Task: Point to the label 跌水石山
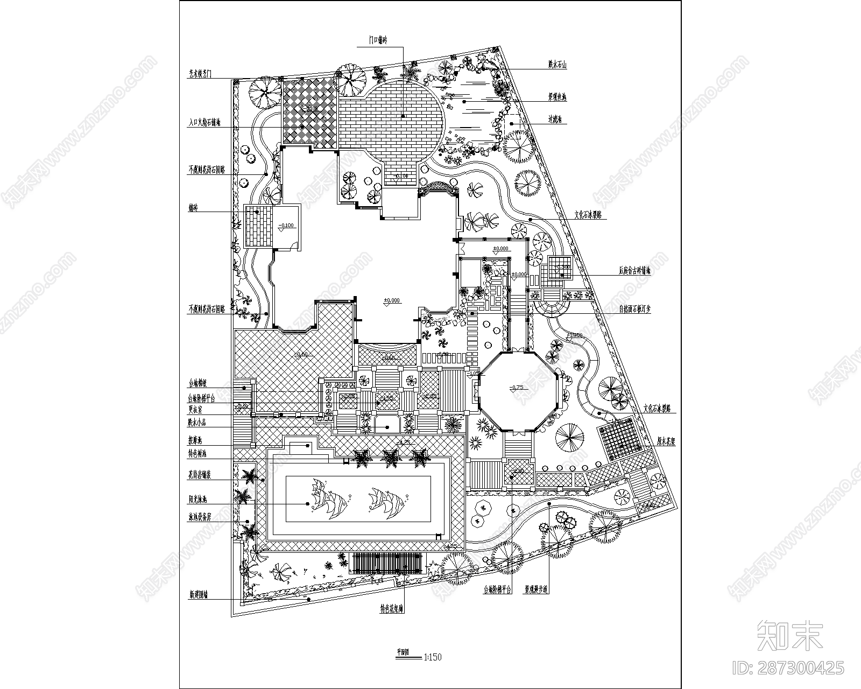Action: pos(557,65)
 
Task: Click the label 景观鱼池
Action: pos(557,97)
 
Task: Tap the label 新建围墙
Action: pos(198,595)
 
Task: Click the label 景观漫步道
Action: pos(537,589)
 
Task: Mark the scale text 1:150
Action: pos(433,657)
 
